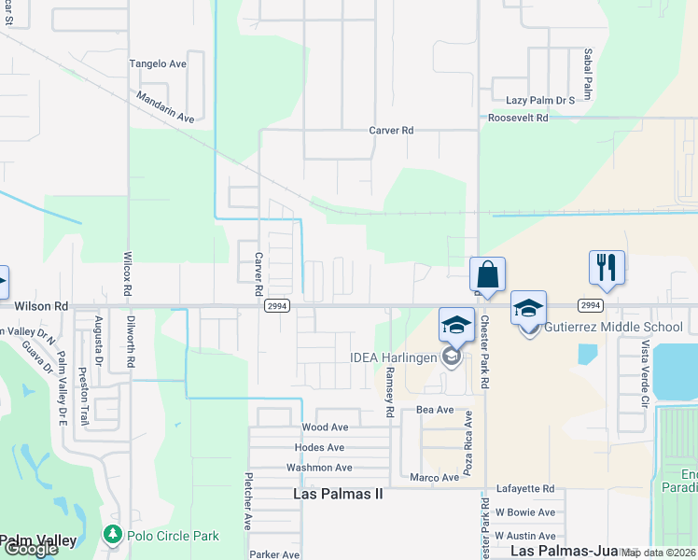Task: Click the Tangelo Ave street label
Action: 158,63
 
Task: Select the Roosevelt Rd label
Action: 518,118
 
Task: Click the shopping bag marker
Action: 487,275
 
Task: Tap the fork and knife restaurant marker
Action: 607,268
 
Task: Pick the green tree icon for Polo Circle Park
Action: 112,535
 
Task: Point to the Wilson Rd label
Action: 41,305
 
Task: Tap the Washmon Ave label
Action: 319,468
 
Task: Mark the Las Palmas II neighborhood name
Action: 338,494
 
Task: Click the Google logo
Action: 30,548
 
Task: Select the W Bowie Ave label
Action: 524,512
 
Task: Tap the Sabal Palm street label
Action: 589,75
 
